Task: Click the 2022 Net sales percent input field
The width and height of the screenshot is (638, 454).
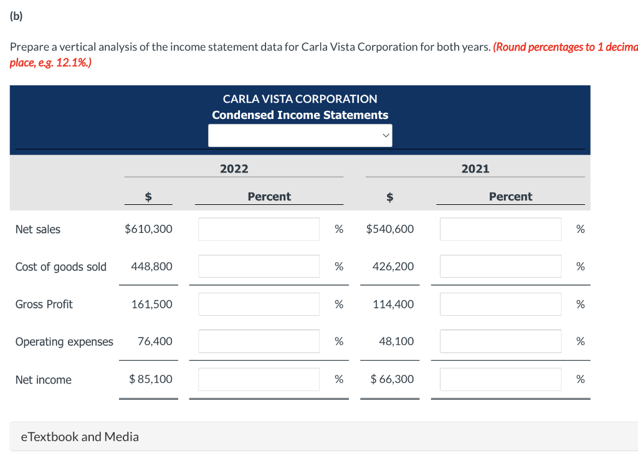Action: (259, 229)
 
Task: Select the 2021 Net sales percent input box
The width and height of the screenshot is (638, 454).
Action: (500, 229)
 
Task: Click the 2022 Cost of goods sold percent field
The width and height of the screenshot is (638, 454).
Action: (259, 267)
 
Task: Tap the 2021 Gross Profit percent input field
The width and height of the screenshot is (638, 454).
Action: (500, 304)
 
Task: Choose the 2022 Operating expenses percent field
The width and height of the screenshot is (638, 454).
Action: (259, 341)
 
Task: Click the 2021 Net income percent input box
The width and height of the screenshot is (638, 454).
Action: (500, 379)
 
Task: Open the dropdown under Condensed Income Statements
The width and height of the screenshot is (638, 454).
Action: (300, 135)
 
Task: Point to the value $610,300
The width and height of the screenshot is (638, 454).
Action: (149, 229)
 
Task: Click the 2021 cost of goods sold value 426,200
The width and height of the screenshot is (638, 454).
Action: (393, 267)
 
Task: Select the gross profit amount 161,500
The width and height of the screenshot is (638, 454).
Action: (152, 304)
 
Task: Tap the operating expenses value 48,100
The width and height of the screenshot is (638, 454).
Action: (396, 341)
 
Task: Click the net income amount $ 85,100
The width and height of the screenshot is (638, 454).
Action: (151, 379)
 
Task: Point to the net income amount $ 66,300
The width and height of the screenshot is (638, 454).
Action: (392, 379)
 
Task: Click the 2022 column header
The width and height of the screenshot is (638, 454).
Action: (234, 169)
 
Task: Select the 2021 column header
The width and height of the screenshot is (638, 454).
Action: (475, 169)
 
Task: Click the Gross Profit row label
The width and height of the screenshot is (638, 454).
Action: (44, 304)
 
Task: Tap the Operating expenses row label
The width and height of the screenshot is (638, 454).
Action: (64, 341)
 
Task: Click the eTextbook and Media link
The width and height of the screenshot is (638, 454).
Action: (80, 437)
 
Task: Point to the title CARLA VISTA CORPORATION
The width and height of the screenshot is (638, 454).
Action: (300, 99)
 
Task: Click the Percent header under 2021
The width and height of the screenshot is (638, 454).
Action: (510, 197)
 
